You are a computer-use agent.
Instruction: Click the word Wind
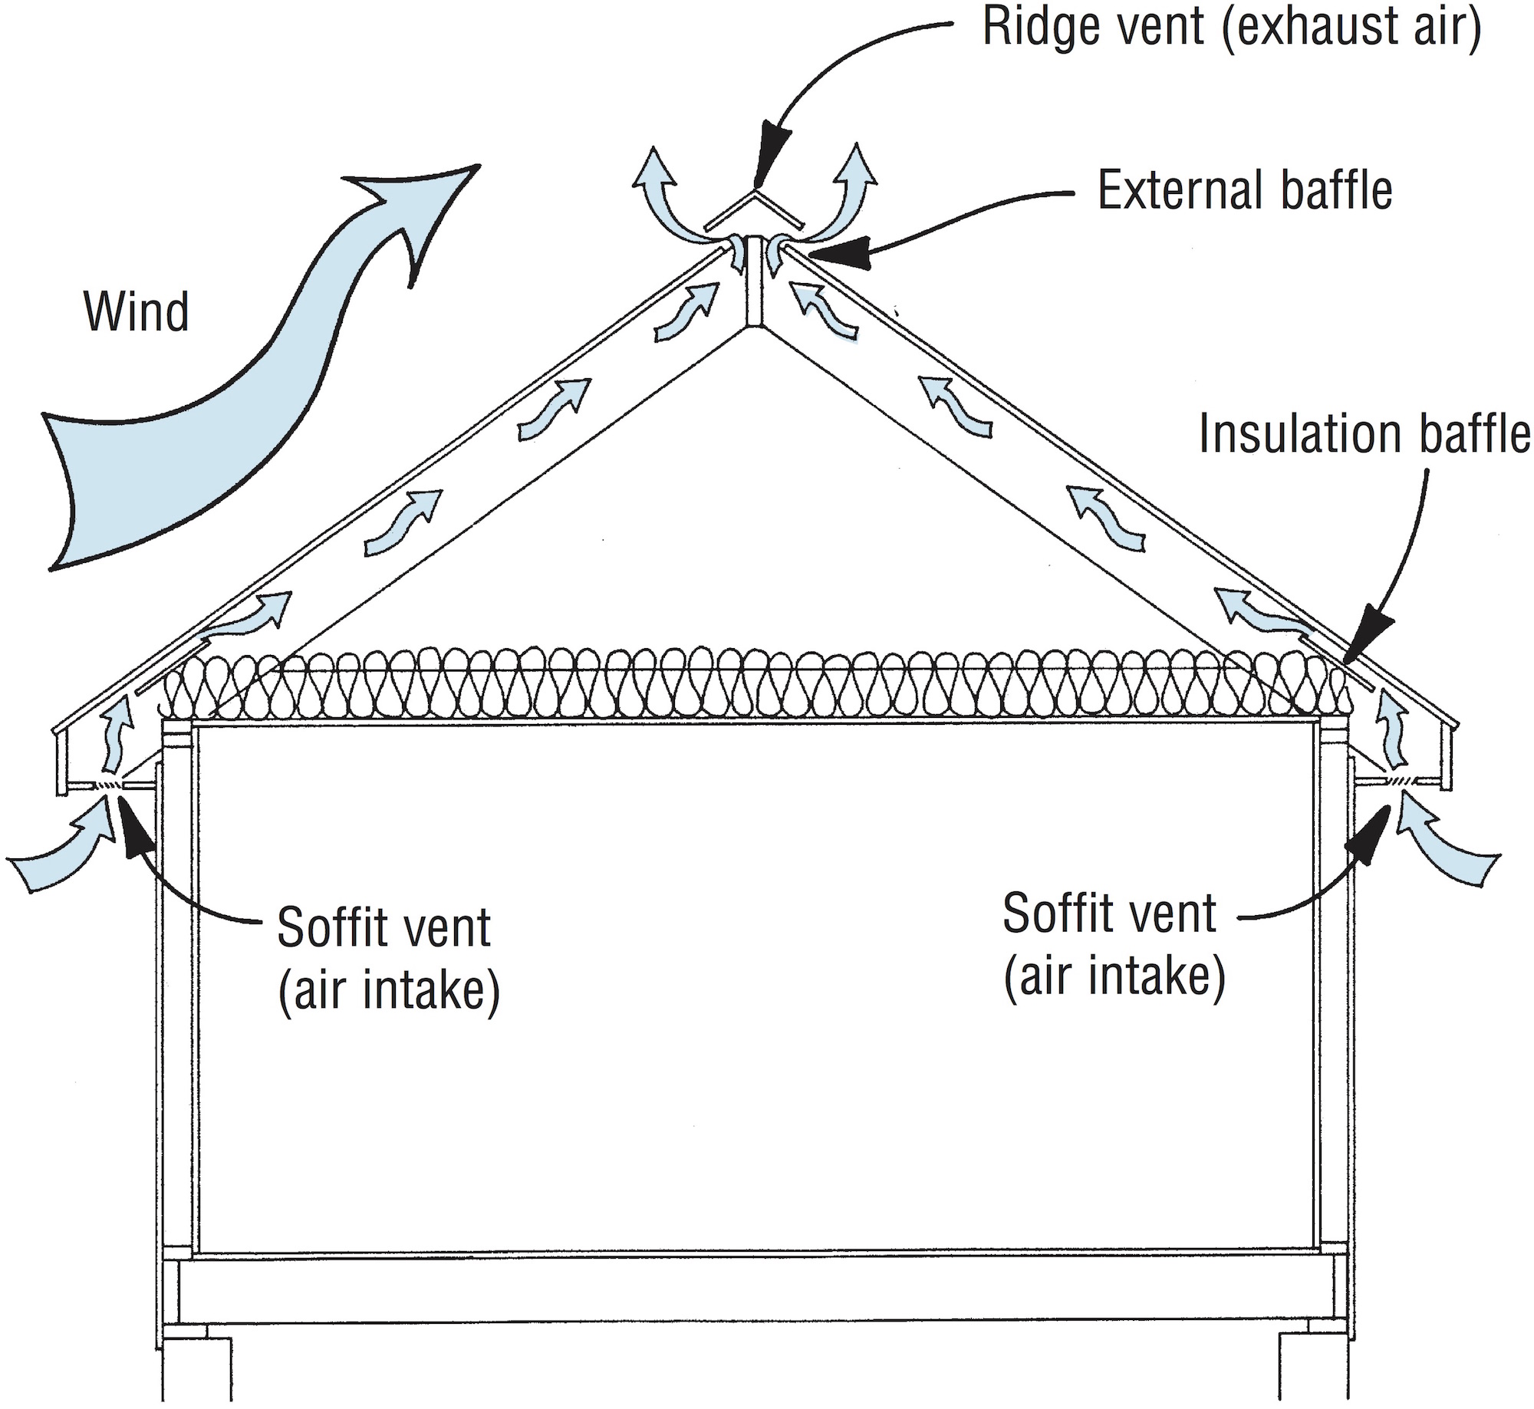coord(137,312)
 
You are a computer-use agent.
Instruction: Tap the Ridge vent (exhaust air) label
coord(1231,28)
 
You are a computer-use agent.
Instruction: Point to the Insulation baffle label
coord(1364,433)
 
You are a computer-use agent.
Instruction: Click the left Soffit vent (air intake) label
coord(387,959)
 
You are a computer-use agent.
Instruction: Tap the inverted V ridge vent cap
coord(755,210)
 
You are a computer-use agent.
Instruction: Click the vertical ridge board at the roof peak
coord(754,284)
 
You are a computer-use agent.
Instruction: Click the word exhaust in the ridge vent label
coord(1309,28)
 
